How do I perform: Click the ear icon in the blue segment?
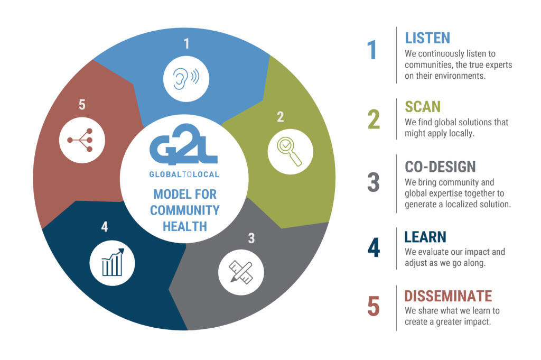click(185, 79)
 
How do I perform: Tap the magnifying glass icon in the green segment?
click(289, 151)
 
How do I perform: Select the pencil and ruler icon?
click(241, 272)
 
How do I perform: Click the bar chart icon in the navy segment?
click(113, 262)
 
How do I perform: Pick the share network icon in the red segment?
click(81, 140)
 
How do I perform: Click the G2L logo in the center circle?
click(183, 144)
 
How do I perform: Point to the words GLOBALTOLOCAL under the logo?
click(184, 174)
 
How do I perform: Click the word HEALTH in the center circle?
click(184, 226)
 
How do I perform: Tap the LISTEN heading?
click(427, 38)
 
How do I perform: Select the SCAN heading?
click(423, 107)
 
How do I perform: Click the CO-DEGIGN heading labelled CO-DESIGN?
click(440, 167)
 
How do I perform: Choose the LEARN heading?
click(425, 237)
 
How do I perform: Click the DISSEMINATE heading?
click(448, 296)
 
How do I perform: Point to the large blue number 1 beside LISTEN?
click(371, 50)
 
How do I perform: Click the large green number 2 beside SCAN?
click(374, 119)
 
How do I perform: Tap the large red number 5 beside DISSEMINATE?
click(374, 306)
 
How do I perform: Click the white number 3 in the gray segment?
click(251, 238)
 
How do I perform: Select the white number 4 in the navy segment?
click(105, 226)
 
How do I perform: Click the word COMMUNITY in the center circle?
click(184, 210)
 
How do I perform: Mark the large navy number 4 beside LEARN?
click(374, 247)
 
